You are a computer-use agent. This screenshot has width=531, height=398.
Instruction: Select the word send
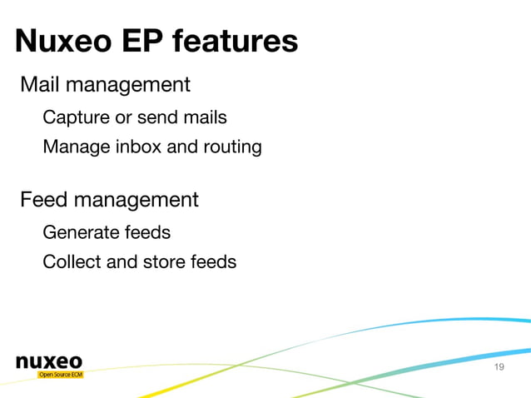pos(158,117)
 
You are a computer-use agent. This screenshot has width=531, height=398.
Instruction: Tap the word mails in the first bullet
pos(205,117)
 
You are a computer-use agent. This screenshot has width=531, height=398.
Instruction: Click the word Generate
pos(79,231)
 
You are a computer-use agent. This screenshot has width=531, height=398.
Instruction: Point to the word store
pos(165,261)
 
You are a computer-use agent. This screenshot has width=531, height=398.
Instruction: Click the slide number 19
pos(499,368)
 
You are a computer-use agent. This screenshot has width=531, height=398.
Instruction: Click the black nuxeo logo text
pos(49,361)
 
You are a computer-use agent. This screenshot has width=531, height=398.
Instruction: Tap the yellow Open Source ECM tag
pos(60,375)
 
